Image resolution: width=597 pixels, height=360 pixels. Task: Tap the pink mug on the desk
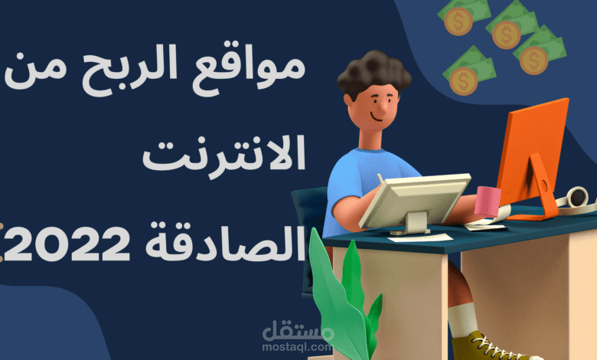[487, 201]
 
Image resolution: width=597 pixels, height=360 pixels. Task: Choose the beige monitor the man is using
[413, 201]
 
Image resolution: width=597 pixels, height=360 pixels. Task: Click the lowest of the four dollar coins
[463, 80]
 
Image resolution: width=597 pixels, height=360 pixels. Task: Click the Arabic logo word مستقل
[298, 331]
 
